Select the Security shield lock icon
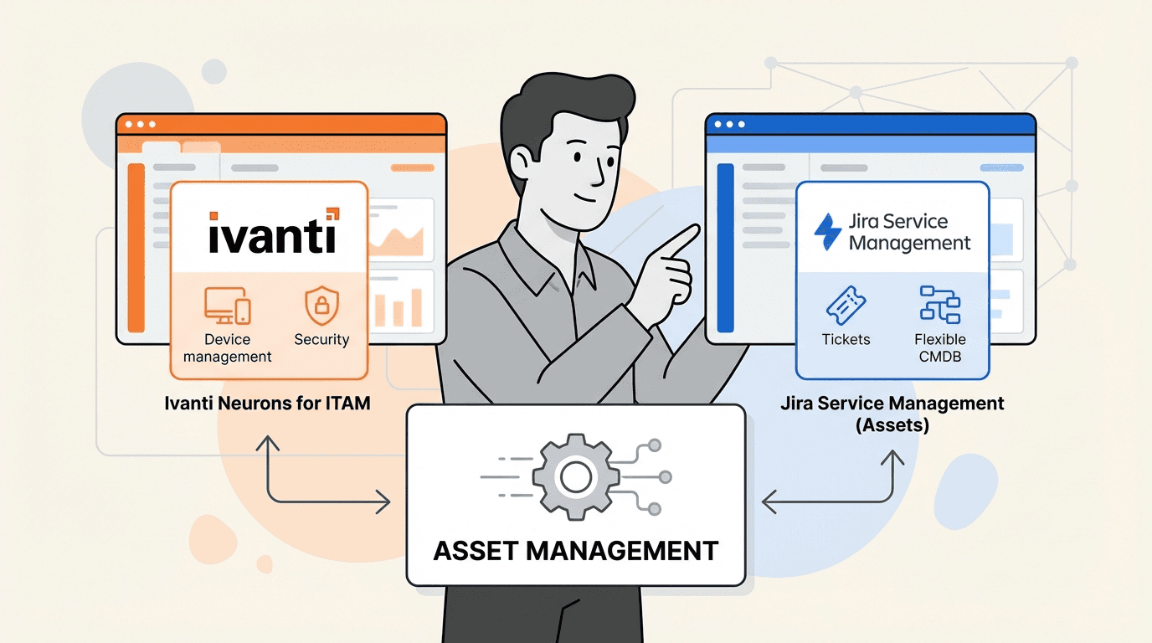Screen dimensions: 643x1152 (321, 306)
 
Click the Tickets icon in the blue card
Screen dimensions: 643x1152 (846, 306)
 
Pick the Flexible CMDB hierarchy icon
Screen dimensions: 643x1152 (939, 305)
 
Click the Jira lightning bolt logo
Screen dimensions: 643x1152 (828, 232)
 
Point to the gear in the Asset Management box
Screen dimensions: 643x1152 (575, 477)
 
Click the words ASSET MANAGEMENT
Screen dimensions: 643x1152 (575, 551)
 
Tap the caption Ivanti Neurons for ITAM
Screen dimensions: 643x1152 (267, 404)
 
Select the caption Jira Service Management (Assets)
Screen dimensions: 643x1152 (892, 413)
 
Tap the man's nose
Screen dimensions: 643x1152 (596, 174)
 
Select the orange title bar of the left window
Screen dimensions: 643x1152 (280, 124)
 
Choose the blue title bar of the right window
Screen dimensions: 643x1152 (871, 124)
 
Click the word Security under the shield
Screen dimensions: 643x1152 (321, 340)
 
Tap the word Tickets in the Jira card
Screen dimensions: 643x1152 (846, 340)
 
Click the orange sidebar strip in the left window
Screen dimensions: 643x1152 (136, 248)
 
